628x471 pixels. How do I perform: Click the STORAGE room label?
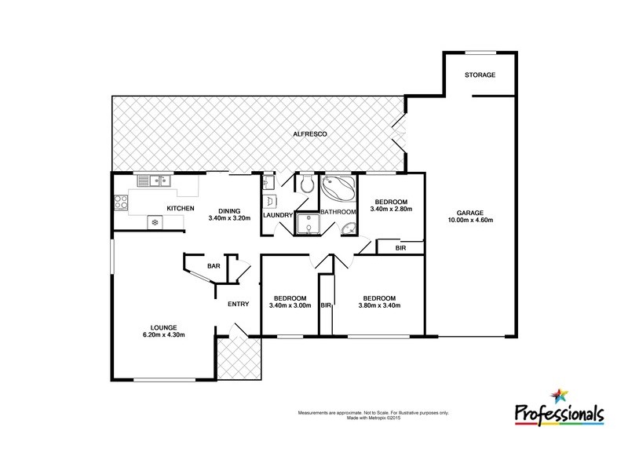tap(480, 75)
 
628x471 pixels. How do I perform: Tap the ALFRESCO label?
tap(304, 135)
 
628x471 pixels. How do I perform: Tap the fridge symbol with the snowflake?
tap(155, 223)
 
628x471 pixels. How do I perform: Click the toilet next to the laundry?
tap(307, 184)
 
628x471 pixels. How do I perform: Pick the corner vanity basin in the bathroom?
tap(349, 228)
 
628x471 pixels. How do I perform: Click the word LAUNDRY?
tap(277, 215)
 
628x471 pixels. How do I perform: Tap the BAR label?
tap(214, 267)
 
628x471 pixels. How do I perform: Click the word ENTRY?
tap(238, 305)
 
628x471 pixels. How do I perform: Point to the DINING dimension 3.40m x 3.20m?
tap(229, 217)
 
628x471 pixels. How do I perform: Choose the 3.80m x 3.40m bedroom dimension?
tap(379, 305)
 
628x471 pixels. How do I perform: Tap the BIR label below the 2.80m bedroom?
tap(400, 248)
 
